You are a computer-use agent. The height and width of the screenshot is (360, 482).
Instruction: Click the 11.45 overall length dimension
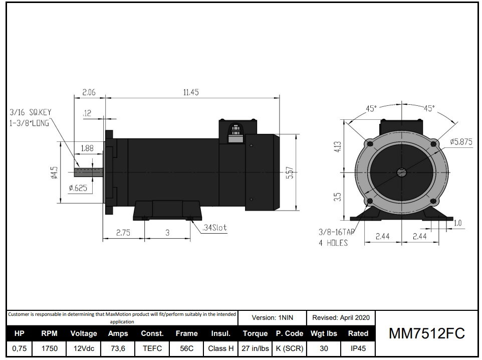pyautogui.click(x=191, y=92)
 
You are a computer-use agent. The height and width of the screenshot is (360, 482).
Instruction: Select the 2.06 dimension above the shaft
pyautogui.click(x=89, y=92)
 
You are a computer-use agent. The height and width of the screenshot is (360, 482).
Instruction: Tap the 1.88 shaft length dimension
pyautogui.click(x=88, y=148)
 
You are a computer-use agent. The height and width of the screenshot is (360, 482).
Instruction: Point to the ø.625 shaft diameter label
pyautogui.click(x=78, y=188)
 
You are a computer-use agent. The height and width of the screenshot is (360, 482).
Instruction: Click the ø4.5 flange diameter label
pyautogui.click(x=55, y=172)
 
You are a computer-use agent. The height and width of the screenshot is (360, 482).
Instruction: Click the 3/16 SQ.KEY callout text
pyautogui.click(x=30, y=112)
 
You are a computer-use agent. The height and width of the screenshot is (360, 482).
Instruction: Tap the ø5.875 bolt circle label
pyautogui.click(x=461, y=142)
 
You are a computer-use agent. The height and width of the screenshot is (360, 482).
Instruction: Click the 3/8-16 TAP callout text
pyautogui.click(x=336, y=233)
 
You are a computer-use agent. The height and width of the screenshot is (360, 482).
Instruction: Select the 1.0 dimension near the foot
pyautogui.click(x=457, y=223)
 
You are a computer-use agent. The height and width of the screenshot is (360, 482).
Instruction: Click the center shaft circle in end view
pyautogui.click(x=401, y=172)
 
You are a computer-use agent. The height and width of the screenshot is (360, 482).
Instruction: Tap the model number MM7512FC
pyautogui.click(x=427, y=333)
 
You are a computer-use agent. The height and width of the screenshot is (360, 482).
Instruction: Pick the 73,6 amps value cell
pyautogui.click(x=118, y=348)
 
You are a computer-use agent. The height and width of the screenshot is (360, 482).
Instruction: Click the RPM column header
pyautogui.click(x=49, y=333)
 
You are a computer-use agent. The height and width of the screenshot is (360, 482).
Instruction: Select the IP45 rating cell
pyautogui.click(x=358, y=348)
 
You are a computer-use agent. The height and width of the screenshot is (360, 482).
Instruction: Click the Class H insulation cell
pyautogui.click(x=220, y=348)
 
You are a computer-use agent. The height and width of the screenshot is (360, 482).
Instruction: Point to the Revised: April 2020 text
pyautogui.click(x=341, y=317)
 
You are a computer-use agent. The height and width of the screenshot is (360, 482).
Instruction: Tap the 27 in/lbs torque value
pyautogui.click(x=255, y=348)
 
